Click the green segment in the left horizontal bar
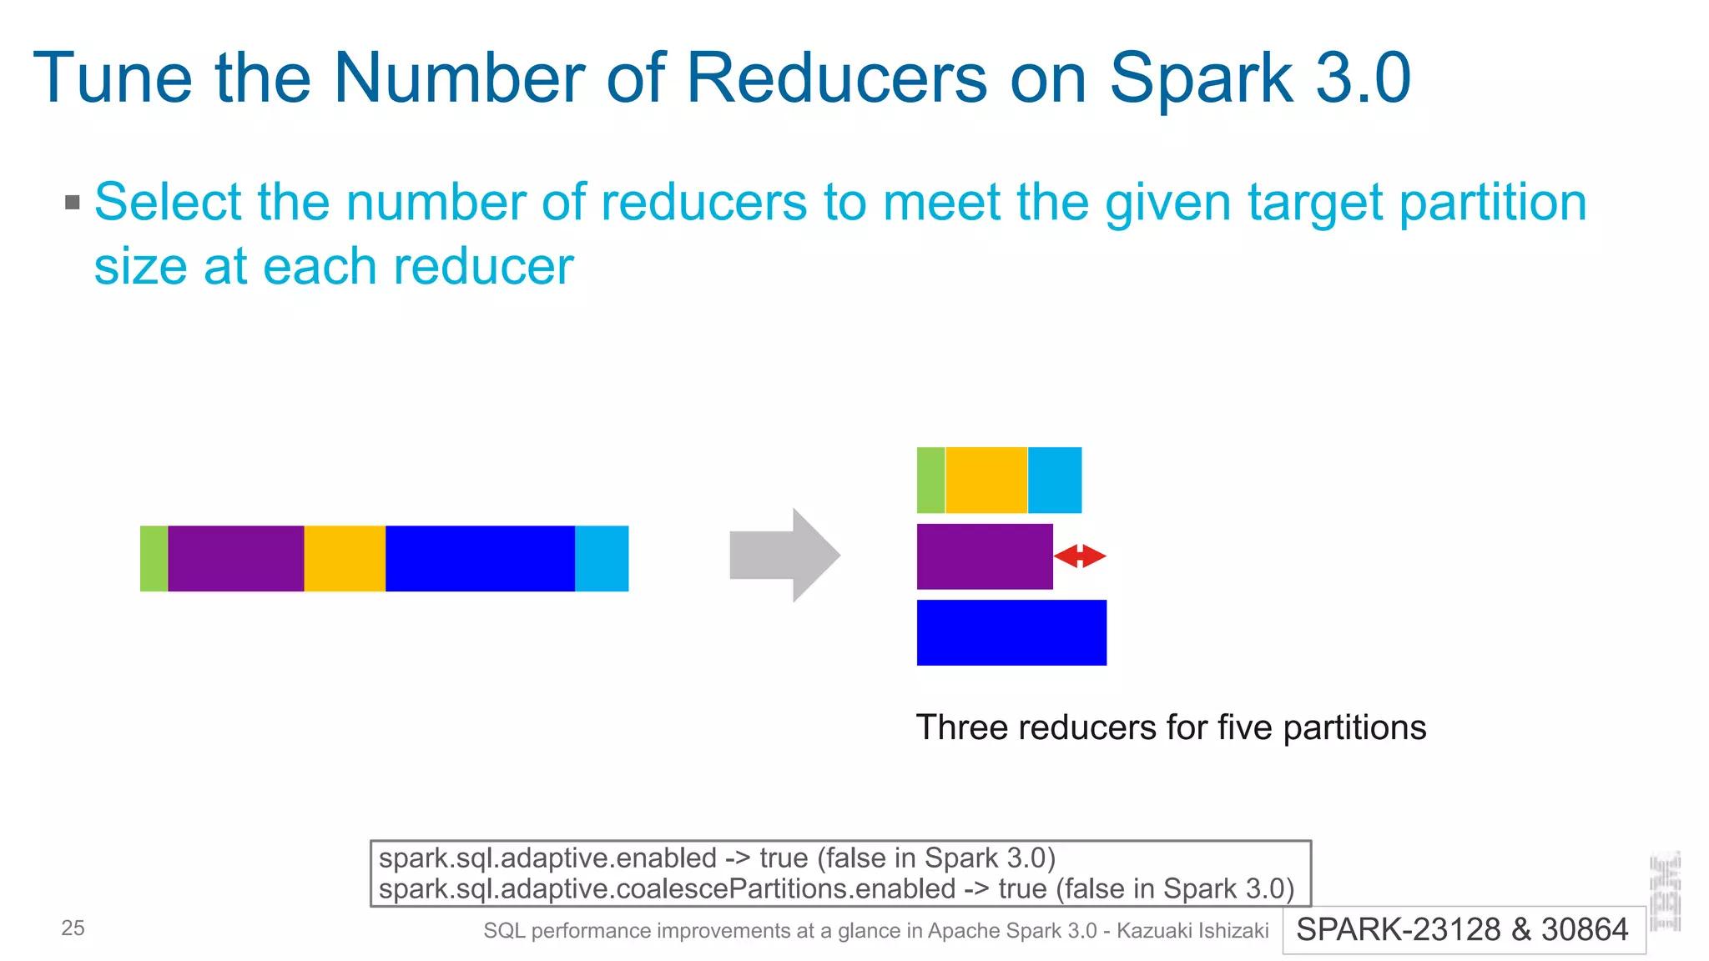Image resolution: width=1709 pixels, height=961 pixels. tap(154, 558)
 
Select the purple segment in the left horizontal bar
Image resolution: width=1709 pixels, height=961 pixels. tap(235, 558)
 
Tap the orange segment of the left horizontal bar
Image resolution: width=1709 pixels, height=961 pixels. tap(345, 558)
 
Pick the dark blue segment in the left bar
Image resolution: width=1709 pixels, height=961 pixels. tap(480, 558)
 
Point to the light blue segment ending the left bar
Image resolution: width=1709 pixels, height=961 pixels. tap(602, 558)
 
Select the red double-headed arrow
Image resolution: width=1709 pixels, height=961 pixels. tap(1080, 556)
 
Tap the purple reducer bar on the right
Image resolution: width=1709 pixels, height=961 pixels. tap(985, 556)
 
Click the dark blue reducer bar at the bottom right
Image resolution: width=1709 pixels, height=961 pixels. tap(1011, 632)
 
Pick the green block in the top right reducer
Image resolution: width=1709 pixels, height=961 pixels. tap(930, 480)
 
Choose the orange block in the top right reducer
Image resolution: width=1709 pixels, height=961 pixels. tap(986, 480)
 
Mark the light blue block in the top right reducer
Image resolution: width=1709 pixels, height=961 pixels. tap(1055, 480)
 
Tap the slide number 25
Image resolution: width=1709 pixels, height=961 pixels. tap(73, 928)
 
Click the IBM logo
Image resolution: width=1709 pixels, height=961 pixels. tap(1666, 891)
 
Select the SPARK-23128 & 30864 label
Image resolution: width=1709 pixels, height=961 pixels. tap(1462, 929)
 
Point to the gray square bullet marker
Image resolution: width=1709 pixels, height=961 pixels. tap(73, 202)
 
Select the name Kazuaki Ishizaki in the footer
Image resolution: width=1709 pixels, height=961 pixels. tap(1192, 931)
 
